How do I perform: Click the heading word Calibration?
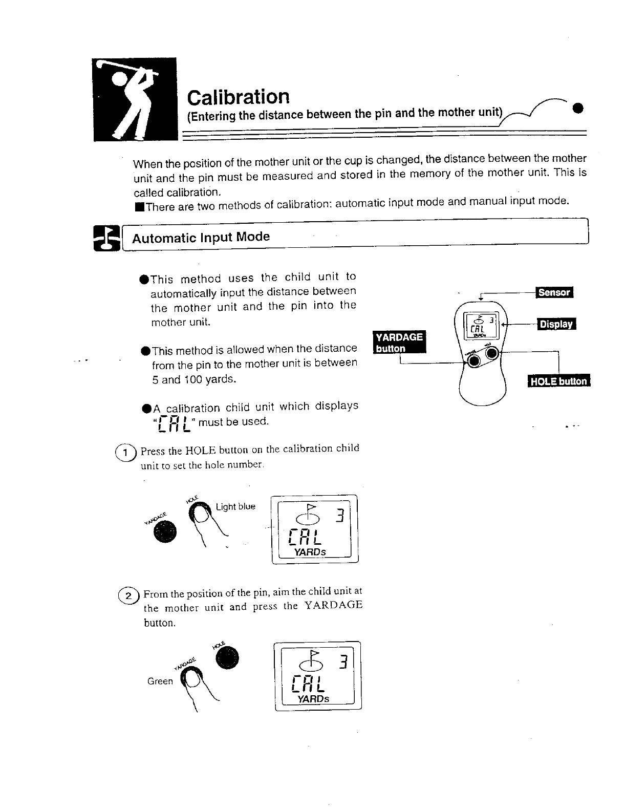238,96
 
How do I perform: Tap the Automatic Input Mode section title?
201,238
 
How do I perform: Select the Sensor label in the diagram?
554,292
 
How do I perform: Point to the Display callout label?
556,324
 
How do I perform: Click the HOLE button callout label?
558,381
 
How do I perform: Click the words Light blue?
235,507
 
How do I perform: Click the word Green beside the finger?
160,681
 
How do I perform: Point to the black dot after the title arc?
578,108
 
